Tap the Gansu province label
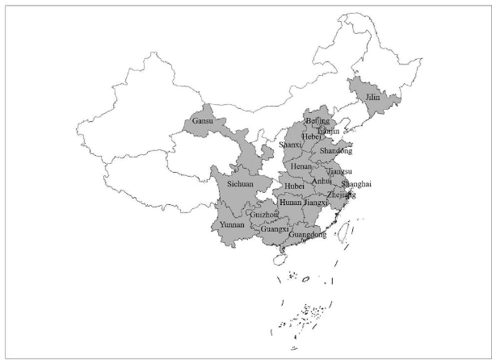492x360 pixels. (x=203, y=123)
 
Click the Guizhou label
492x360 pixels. (x=265, y=216)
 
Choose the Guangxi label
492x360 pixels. (x=275, y=229)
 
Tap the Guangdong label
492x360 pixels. (x=308, y=235)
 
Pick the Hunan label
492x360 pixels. (x=290, y=203)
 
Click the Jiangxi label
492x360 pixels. (x=316, y=203)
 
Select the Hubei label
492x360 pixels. (x=295, y=186)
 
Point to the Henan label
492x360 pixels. (x=301, y=166)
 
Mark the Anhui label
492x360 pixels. (x=322, y=182)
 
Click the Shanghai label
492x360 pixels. (x=356, y=184)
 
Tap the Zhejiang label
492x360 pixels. (x=342, y=195)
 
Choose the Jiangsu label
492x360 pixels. (x=340, y=171)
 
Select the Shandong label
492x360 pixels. (x=336, y=151)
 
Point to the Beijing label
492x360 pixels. (x=318, y=121)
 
